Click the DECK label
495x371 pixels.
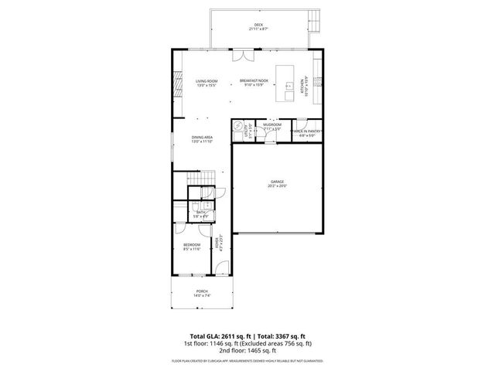pyautogui.click(x=258, y=25)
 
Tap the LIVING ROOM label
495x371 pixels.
pyautogui.click(x=206, y=81)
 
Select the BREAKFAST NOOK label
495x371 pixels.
pyautogui.click(x=254, y=81)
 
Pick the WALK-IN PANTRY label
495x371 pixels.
pyautogui.click(x=307, y=132)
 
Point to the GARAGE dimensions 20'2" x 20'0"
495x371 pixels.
pyautogui.click(x=277, y=186)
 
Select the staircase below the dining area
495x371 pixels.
pyautogui.click(x=200, y=179)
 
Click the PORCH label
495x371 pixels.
pyautogui.click(x=201, y=291)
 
